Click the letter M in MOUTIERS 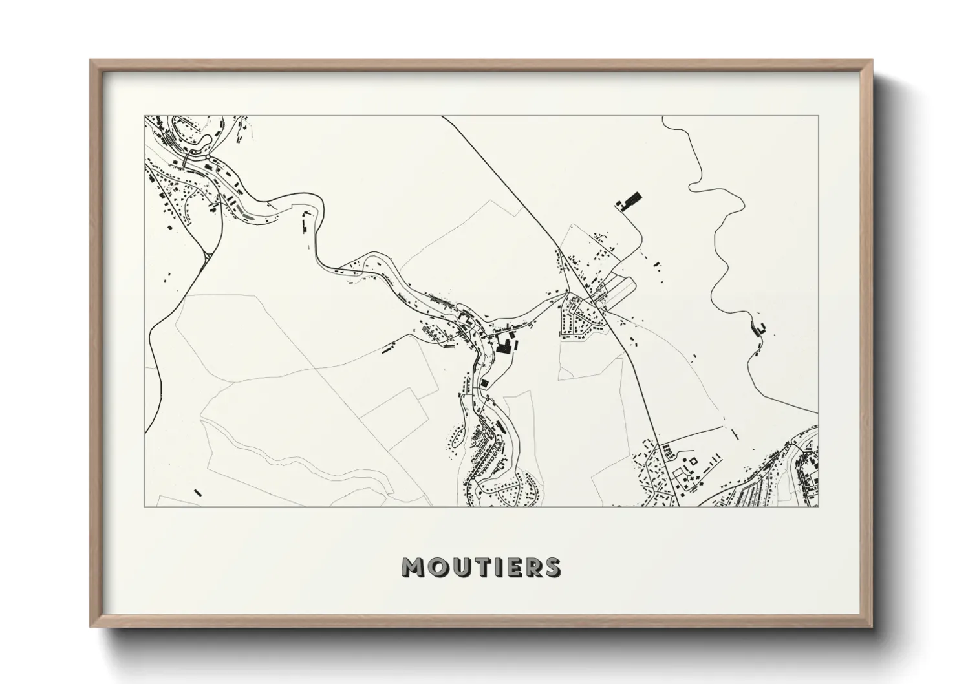[413, 567]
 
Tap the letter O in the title [435, 567]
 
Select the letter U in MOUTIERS [456, 567]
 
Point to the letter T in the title [475, 567]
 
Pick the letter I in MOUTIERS [491, 567]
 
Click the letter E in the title [506, 567]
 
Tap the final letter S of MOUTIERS [550, 567]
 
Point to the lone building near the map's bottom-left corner [198, 493]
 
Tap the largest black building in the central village [504, 347]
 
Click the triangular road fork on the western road [208, 257]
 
